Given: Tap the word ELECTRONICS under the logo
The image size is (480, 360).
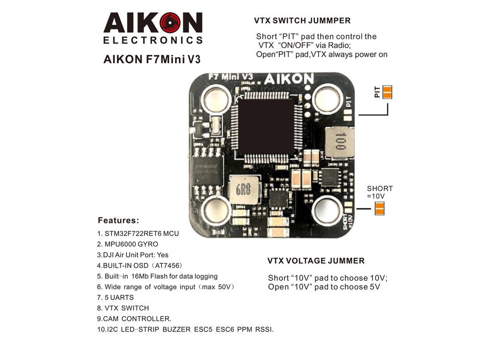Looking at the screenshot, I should coord(153,40).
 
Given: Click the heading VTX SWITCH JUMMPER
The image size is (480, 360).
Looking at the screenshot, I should coord(302,21).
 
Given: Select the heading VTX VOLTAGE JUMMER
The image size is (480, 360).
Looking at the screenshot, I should coord(316,261).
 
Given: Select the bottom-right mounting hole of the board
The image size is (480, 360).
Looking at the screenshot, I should coord(327,209).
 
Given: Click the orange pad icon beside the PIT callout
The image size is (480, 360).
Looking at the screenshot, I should coord(387,92).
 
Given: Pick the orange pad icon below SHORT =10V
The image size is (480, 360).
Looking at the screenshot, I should coord(379,208).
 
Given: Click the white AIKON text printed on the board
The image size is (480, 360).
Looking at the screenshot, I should coord(288,79).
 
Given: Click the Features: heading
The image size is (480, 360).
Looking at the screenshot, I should coord(118,221).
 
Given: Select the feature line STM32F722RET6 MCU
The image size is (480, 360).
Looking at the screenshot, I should coord(138,234).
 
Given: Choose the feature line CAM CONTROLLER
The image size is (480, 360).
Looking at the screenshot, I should coord(134,319).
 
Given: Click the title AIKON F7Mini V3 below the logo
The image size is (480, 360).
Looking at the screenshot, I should coord(152,59).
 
